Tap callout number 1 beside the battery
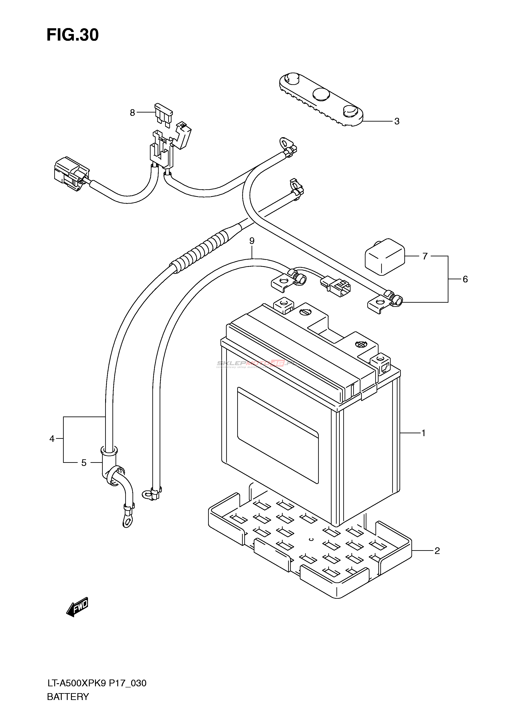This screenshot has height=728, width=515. (x=423, y=433)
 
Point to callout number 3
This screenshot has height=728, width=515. (x=397, y=121)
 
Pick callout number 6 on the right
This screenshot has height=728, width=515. (x=465, y=279)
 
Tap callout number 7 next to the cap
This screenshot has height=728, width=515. (x=425, y=256)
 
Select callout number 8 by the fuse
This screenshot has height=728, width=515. (x=132, y=113)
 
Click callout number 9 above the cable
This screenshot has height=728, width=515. (x=252, y=241)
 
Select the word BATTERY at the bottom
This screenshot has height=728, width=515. (x=68, y=697)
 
